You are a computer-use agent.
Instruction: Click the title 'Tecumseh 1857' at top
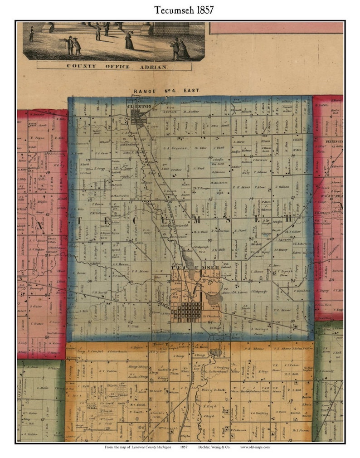click(180, 10)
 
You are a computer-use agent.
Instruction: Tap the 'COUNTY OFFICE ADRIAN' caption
click(114, 66)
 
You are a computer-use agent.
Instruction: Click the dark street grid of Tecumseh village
click(187, 311)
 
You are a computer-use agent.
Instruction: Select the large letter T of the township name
click(80, 221)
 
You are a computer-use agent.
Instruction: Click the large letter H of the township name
click(288, 219)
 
